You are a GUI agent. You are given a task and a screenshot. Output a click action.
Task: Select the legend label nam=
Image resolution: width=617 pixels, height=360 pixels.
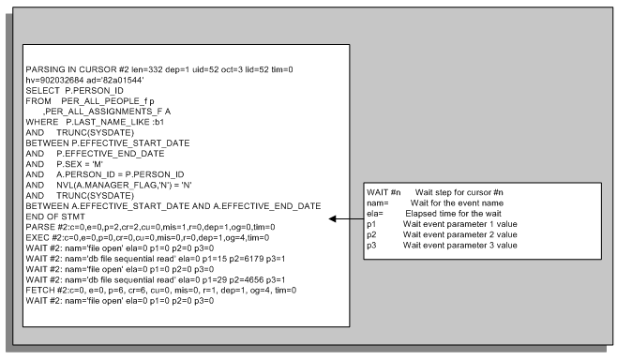(379, 202)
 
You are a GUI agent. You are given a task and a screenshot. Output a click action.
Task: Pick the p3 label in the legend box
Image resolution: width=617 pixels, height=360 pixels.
(371, 245)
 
